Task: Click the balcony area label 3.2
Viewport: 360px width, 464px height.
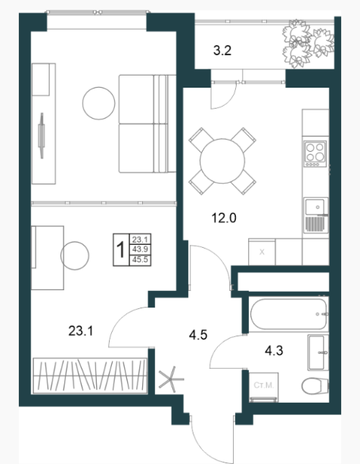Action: [222, 51]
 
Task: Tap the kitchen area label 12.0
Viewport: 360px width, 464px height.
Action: [224, 218]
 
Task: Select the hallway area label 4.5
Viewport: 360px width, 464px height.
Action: [198, 335]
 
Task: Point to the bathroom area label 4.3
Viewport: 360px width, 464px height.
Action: [274, 351]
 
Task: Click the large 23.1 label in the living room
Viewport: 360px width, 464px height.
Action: [81, 330]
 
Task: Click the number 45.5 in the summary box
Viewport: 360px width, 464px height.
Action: [140, 260]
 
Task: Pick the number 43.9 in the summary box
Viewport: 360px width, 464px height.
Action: [140, 249]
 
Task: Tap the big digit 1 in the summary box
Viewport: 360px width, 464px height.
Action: [121, 249]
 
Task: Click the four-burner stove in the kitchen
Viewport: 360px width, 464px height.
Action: [315, 153]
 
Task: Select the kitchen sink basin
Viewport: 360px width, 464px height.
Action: [315, 206]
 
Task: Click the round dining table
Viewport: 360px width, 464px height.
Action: [222, 161]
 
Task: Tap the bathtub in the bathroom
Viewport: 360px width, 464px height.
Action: [289, 314]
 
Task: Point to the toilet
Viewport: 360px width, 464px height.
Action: [315, 385]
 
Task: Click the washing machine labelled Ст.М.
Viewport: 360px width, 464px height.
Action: [263, 388]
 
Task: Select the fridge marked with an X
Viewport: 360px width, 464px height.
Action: [262, 252]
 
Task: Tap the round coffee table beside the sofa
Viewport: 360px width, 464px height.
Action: [98, 104]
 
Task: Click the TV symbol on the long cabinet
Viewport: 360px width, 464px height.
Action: [42, 135]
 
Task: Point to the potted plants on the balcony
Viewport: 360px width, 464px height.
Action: [308, 44]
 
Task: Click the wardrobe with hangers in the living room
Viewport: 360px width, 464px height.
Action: [90, 376]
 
